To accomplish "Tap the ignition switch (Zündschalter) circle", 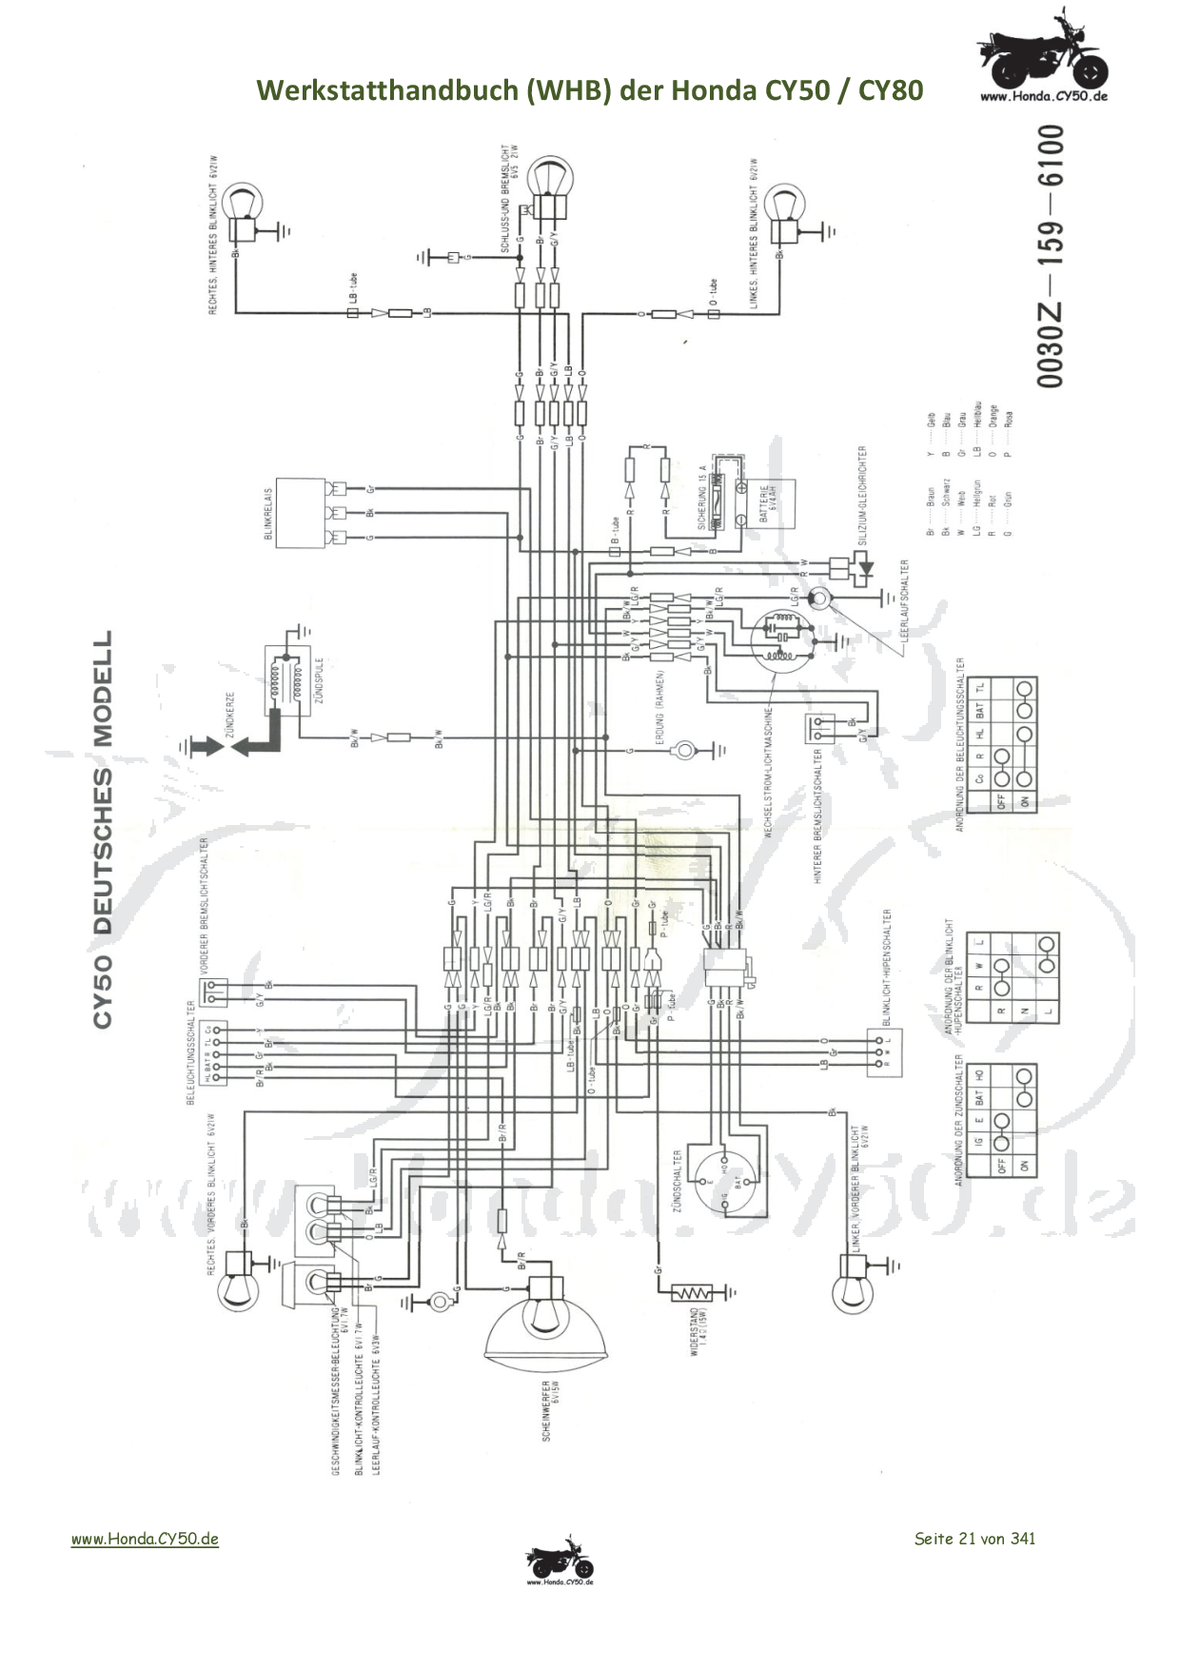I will click(723, 1181).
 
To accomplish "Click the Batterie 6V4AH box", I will click(770, 503).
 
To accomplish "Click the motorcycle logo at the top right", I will click(1044, 52).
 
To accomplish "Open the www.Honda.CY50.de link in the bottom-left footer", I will click(145, 1539).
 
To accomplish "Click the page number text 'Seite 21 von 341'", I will click(974, 1539).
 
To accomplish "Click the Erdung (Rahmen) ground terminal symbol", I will click(682, 751).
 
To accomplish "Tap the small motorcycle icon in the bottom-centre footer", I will click(560, 1563).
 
